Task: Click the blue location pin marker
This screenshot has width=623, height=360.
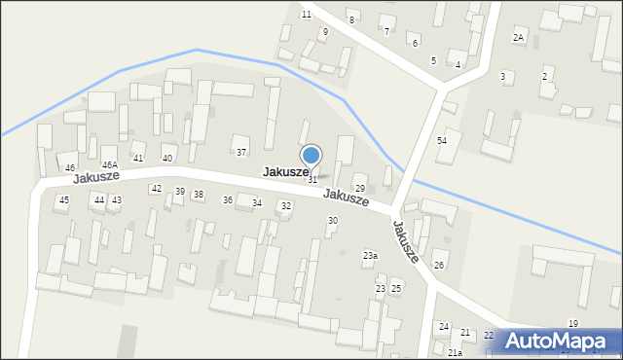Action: [x=311, y=156]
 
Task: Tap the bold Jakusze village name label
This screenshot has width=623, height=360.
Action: [x=286, y=172]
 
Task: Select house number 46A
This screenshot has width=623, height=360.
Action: [x=110, y=165]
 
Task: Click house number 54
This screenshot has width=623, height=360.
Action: [x=442, y=141]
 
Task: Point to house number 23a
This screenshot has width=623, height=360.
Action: [x=370, y=256]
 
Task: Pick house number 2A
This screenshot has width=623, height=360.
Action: [x=519, y=38]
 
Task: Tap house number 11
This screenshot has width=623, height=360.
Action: [x=306, y=15]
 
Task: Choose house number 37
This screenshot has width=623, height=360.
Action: [x=241, y=152]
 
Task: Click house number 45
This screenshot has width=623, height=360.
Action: [x=64, y=199]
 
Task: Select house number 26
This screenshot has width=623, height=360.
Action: [x=439, y=266]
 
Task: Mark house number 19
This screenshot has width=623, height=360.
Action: [x=573, y=323]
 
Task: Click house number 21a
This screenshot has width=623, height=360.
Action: [x=456, y=352]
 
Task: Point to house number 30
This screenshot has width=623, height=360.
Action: [x=332, y=221]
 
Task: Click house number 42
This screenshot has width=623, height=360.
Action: [x=156, y=189]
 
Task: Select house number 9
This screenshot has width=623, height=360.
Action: [x=325, y=32]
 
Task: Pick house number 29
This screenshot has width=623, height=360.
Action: [x=359, y=189]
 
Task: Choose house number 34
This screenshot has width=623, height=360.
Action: [x=257, y=202]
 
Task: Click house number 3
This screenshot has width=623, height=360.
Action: [x=502, y=76]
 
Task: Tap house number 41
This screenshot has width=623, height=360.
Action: [x=138, y=159]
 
